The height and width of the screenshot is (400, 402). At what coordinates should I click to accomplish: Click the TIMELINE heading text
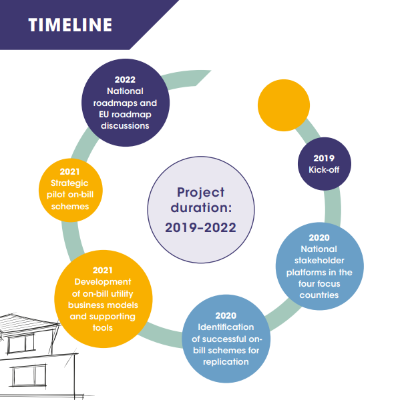coord(70,25)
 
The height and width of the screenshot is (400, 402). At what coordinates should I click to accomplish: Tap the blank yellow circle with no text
coord(284,105)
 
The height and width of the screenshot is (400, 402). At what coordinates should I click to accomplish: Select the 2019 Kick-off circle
coord(325,164)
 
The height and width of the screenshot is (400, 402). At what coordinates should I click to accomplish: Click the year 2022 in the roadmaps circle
coord(125,79)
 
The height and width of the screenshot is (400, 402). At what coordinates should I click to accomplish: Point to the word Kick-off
coord(324,170)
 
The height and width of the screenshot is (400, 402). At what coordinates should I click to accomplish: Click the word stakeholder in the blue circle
coord(319,261)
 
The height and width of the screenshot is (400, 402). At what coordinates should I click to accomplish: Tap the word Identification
coord(226,327)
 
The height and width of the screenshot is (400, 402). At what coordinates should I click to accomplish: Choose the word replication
coord(226,362)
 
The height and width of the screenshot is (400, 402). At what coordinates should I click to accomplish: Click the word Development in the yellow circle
coord(103,282)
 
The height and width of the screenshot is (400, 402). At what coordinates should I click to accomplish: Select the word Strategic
coord(69,183)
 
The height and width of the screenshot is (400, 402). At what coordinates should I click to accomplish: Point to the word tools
coord(103,328)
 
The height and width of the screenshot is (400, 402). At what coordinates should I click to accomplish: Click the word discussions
coord(125,126)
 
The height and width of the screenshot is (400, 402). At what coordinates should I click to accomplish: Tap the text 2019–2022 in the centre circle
coord(200,227)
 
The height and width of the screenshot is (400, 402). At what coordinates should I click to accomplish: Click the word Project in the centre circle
coord(201,193)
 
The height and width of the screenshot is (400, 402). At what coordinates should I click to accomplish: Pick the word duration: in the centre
coord(201,207)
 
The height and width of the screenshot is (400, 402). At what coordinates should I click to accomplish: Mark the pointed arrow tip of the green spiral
coord(211,71)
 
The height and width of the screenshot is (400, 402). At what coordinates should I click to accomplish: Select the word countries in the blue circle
coord(319,295)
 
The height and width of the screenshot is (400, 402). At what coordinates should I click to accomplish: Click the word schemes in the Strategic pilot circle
coord(70,207)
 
